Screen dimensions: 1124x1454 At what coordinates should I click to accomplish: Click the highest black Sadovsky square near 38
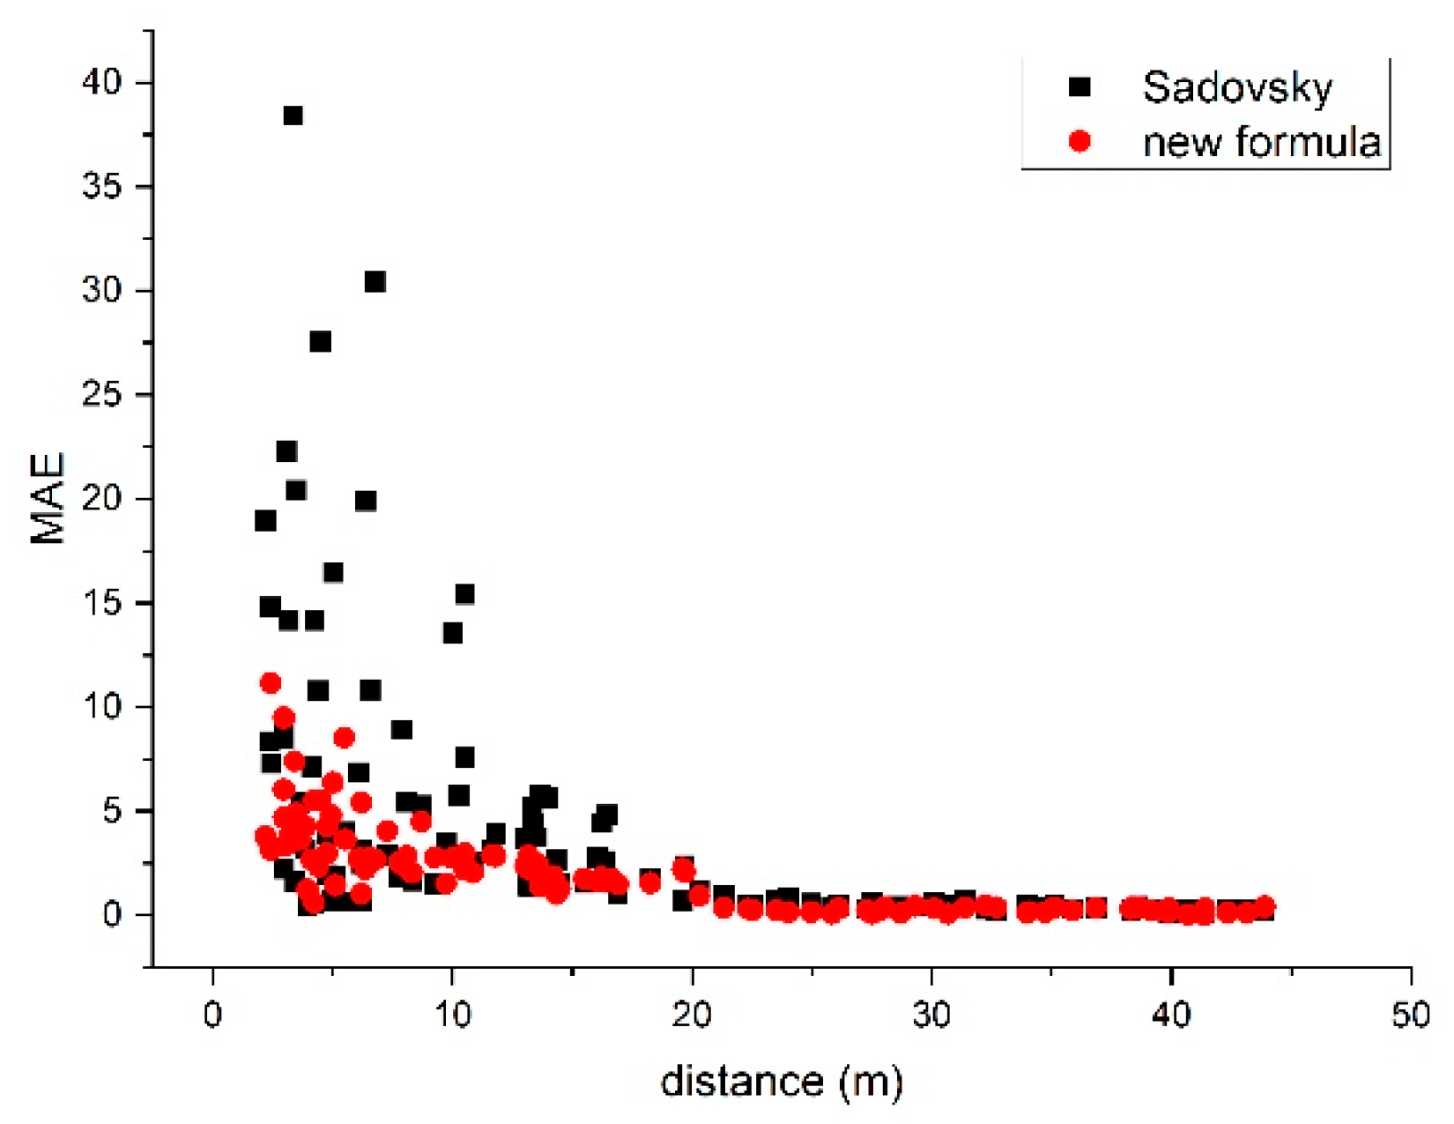pyautogui.click(x=293, y=115)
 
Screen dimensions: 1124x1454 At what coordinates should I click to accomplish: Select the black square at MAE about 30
pyautogui.click(x=375, y=282)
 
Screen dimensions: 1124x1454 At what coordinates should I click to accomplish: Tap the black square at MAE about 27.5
pyautogui.click(x=320, y=341)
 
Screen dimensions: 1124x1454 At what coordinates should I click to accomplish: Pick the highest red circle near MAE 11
pyautogui.click(x=271, y=683)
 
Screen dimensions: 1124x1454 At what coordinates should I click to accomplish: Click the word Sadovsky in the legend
pyautogui.click(x=1237, y=87)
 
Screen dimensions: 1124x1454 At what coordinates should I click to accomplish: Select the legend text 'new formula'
pyautogui.click(x=1261, y=142)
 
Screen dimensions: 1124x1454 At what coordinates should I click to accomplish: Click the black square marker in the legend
pyautogui.click(x=1079, y=86)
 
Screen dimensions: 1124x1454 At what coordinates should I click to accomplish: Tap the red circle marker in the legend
pyautogui.click(x=1079, y=141)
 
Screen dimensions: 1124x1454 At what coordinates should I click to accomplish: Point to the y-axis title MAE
pyautogui.click(x=48, y=498)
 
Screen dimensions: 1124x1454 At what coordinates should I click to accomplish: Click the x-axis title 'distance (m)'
pyautogui.click(x=782, y=1082)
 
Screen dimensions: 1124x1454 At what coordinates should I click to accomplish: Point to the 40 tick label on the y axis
pyautogui.click(x=101, y=83)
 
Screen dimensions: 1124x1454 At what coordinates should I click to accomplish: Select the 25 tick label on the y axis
pyautogui.click(x=101, y=394)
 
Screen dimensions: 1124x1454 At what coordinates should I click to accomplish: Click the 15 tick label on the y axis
pyautogui.click(x=101, y=603)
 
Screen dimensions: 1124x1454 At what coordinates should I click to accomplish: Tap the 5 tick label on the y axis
pyautogui.click(x=112, y=811)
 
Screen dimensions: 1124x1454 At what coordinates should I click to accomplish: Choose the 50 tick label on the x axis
pyautogui.click(x=1410, y=1015)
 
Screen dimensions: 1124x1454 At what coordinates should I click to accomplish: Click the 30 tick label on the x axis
pyautogui.click(x=931, y=1015)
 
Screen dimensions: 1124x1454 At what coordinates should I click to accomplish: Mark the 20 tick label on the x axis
pyautogui.click(x=692, y=1015)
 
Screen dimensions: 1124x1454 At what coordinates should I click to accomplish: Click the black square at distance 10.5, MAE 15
pyautogui.click(x=464, y=594)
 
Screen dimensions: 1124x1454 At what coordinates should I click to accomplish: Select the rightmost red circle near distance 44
pyautogui.click(x=1265, y=906)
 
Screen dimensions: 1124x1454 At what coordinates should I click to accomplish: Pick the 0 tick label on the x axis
pyautogui.click(x=212, y=1015)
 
